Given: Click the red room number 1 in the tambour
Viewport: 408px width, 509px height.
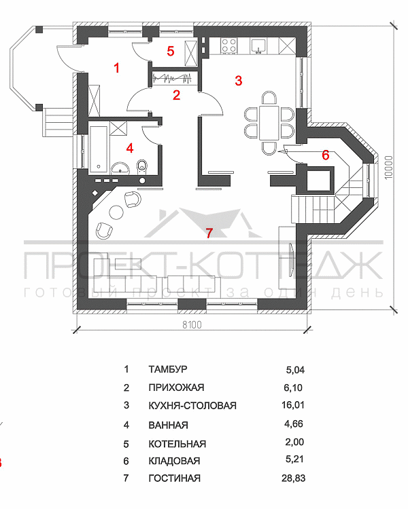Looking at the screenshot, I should (117, 68).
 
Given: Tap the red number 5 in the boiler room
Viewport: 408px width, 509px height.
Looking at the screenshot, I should (171, 51).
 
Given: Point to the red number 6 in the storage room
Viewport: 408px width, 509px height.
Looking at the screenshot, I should (325, 155).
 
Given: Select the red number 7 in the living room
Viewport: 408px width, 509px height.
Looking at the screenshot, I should (209, 233).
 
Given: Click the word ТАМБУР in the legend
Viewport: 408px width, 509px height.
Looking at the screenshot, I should (167, 370).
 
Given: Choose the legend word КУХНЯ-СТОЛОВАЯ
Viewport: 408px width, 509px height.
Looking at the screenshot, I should (192, 407).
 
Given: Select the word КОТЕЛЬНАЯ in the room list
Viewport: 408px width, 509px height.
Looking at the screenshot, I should (177, 444).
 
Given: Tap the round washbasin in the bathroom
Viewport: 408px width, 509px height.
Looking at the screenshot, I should (120, 168).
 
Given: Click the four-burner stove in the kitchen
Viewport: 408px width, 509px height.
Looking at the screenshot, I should (227, 46).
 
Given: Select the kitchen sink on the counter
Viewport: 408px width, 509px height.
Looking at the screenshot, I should (259, 45).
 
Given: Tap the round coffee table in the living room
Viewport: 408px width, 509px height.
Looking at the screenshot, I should (116, 213).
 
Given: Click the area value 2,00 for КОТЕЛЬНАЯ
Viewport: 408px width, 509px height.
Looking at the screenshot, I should (294, 444).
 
